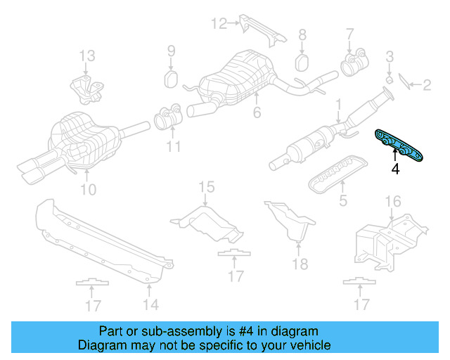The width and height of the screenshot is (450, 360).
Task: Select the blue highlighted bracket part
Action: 399,145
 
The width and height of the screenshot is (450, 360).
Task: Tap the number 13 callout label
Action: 86,56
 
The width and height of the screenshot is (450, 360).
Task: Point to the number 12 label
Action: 219,24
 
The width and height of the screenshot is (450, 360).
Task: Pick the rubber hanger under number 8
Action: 302,62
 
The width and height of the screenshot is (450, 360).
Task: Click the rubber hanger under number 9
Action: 171,76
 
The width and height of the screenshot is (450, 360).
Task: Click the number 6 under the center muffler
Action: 257,112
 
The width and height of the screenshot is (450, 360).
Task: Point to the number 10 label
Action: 87,189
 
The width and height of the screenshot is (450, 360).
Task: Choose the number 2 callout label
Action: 426,86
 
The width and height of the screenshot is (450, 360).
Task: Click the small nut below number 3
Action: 389,77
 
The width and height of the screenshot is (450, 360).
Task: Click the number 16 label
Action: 392,202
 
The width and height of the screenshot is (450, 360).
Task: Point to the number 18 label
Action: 300,264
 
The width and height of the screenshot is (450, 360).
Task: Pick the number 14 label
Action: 150,304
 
